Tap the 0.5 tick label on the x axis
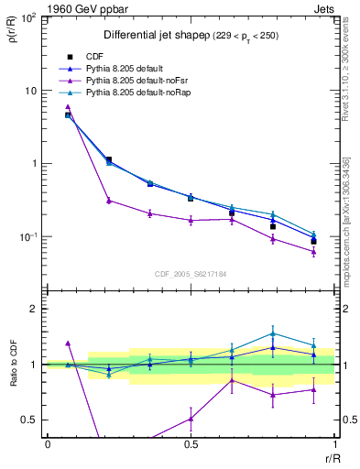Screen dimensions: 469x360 [191, 443]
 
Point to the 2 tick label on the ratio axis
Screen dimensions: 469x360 [35, 310]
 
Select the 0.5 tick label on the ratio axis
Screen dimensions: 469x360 [31, 420]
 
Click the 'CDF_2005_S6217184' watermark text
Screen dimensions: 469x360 [191, 273]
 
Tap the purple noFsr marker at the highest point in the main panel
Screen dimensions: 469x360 [68, 107]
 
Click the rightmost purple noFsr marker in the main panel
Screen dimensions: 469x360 [313, 251]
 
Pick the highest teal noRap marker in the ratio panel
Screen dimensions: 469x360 [272, 333]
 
